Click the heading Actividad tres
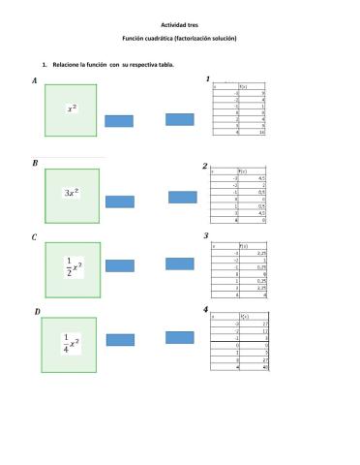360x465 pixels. [x=179, y=25]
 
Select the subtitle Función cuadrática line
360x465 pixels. [x=179, y=38]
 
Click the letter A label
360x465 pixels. [x=35, y=81]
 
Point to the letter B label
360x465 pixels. [x=35, y=164]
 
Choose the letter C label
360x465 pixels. [x=35, y=236]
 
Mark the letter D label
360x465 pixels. [x=36, y=311]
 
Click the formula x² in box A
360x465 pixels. [x=72, y=108]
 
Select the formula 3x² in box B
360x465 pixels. [x=72, y=193]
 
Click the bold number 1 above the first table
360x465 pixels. [x=208, y=78]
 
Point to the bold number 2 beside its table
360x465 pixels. [x=205, y=166]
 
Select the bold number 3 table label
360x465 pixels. [x=206, y=235]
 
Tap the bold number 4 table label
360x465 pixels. [x=206, y=309]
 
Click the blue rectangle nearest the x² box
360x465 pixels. [x=119, y=121]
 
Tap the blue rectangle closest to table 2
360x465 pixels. [x=183, y=198]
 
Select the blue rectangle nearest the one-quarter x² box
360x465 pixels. [x=120, y=340]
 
